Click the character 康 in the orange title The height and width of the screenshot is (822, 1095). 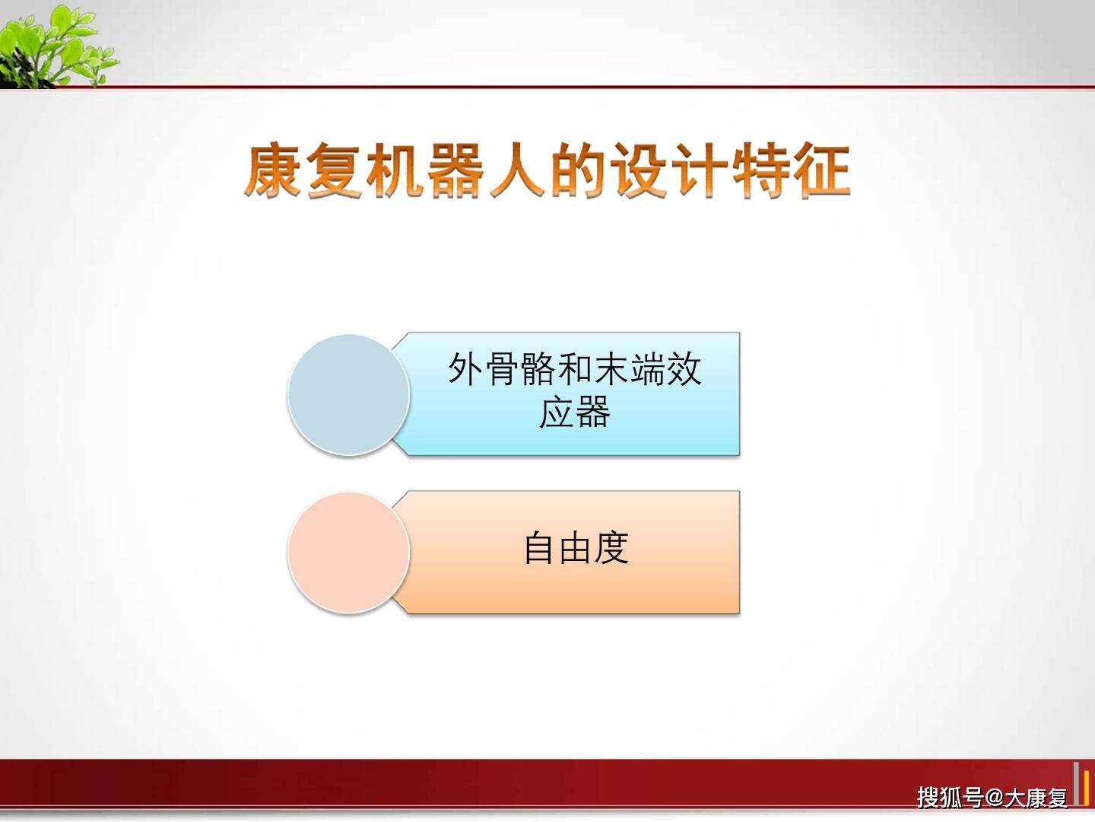coord(273,170)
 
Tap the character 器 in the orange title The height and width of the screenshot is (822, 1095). coord(455,170)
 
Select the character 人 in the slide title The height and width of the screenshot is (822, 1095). coord(516,170)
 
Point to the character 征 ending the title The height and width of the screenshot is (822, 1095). coord(820,170)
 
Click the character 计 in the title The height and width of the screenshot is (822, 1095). coord(698,170)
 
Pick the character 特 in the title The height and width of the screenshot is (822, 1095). coord(759,170)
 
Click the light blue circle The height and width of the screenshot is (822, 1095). coord(348,395)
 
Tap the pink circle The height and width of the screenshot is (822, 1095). coord(348,553)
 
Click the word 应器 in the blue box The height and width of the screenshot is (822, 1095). coord(575,413)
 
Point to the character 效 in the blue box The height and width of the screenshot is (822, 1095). coord(684,369)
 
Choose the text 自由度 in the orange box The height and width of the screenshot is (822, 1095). coord(576,548)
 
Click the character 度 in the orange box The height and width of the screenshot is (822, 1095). coord(611,548)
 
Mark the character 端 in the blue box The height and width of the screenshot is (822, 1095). coord(648,369)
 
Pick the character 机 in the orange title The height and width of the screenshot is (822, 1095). coord(394,170)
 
